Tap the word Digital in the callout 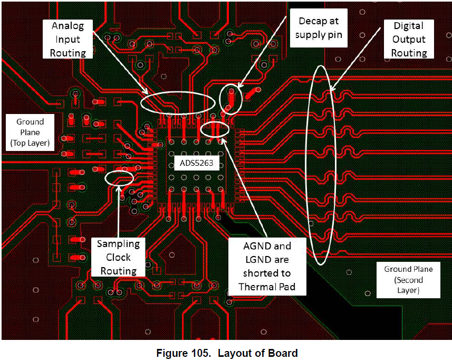[x=409, y=26]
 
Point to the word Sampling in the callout [x=118, y=244]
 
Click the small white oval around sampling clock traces [x=120, y=177]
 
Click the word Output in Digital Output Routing [x=409, y=40]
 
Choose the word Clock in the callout [x=118, y=258]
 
